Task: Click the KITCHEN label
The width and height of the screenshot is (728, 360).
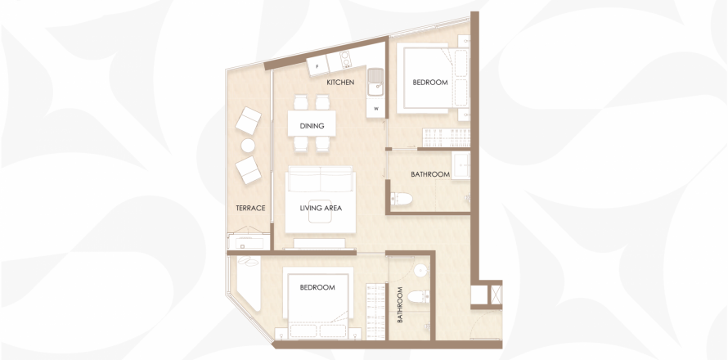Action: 340,83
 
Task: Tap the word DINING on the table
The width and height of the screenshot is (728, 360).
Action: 312,126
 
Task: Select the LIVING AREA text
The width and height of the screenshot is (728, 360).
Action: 321,208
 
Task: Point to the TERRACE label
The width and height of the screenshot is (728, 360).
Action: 250,208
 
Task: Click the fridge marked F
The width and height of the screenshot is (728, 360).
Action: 318,66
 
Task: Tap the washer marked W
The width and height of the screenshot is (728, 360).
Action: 376,110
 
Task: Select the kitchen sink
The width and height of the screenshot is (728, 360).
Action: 375,82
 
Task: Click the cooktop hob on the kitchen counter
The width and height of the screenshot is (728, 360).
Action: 345,59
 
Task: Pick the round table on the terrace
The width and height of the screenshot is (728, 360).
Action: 248,146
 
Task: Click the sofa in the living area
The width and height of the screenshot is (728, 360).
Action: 321,179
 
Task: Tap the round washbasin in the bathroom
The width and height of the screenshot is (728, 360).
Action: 421,270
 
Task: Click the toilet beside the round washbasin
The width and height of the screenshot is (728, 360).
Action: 419,296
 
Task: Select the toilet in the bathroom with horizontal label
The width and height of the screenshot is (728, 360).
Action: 401,199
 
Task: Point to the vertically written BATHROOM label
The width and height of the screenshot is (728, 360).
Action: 400,304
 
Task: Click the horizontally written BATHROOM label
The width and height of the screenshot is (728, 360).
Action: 430,174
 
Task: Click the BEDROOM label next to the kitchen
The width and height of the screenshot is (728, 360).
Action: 430,83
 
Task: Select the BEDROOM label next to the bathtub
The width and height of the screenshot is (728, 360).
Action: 317,287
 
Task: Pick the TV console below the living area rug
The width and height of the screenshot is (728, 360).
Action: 319,244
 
